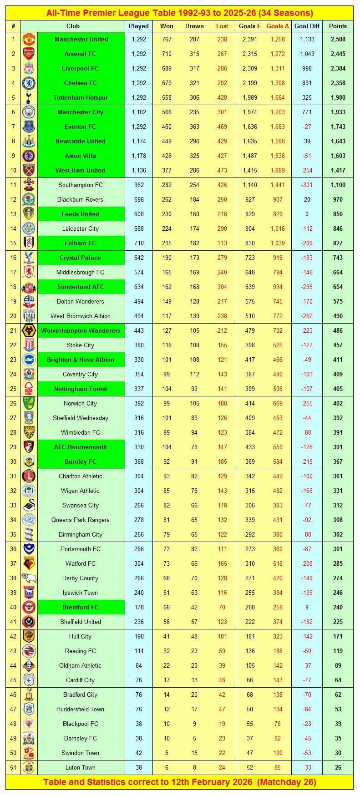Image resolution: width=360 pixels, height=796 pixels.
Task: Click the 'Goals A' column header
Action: click(x=278, y=26)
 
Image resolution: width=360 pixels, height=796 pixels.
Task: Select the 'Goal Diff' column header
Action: click(x=307, y=26)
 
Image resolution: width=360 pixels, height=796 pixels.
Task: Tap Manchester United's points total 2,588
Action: click(x=338, y=39)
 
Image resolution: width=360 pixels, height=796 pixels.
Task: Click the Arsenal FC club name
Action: click(x=81, y=54)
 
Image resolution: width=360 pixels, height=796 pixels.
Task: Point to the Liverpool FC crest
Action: click(x=29, y=68)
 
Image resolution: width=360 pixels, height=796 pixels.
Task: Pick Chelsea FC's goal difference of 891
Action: click(x=307, y=83)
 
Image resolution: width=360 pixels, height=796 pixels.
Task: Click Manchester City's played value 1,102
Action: click(x=139, y=112)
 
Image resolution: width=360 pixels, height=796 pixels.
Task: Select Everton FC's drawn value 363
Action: click(x=194, y=127)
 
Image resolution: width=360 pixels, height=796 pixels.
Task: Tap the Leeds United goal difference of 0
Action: click(x=307, y=214)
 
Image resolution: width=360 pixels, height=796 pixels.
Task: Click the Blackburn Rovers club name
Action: click(x=81, y=199)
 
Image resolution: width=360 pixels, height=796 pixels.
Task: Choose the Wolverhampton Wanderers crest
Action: click(x=29, y=330)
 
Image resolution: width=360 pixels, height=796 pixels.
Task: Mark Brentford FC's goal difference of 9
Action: click(x=307, y=607)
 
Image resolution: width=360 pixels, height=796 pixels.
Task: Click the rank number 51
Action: click(x=13, y=767)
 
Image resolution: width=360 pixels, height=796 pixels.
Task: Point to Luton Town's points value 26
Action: click(x=338, y=767)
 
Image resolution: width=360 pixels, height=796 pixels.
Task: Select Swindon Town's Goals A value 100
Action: click(x=278, y=753)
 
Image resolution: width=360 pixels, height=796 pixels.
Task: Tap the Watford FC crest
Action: click(x=29, y=563)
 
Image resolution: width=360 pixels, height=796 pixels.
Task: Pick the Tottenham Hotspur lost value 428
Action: click(x=222, y=97)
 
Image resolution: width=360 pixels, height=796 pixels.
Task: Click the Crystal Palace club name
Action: click(x=81, y=258)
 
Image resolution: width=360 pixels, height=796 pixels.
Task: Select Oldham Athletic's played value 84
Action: click(x=139, y=665)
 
